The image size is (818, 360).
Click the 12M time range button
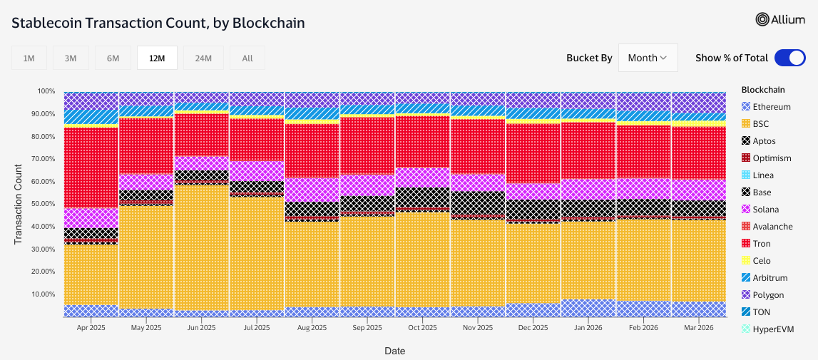[x=157, y=58]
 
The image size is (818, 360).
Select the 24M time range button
[x=203, y=58]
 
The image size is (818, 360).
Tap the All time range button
[x=247, y=58]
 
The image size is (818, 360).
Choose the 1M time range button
[x=29, y=58]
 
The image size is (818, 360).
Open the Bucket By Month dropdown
[x=648, y=58]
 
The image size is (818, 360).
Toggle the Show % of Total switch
[x=789, y=58]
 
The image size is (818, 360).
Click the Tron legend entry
[x=762, y=244]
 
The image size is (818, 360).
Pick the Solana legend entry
[x=765, y=210]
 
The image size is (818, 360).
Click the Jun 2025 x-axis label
[x=201, y=329]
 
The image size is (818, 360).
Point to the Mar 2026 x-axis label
[x=699, y=329]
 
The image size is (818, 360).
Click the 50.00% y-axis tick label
[x=42, y=204]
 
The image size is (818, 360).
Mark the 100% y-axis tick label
[x=46, y=91]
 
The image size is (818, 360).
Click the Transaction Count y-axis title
[x=19, y=204]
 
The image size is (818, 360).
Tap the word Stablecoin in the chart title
[x=46, y=23]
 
